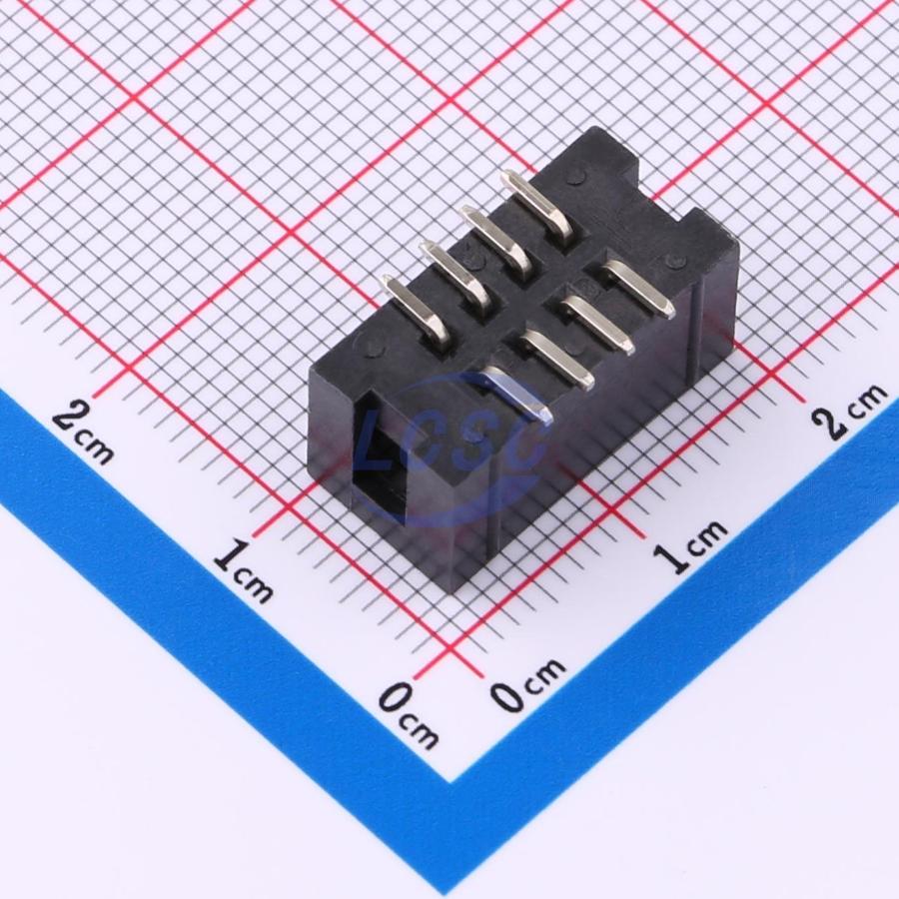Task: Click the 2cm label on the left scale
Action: pos(84,433)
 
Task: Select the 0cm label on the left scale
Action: pos(409,714)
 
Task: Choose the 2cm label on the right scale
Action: pos(849,411)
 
